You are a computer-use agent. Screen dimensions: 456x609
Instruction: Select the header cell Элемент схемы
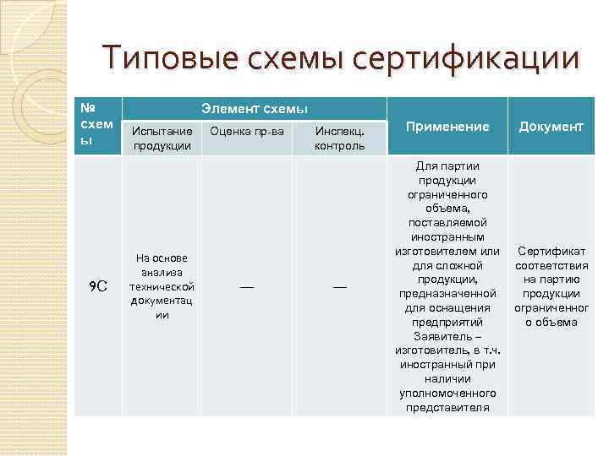254,109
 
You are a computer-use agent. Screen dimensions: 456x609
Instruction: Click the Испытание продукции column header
162,138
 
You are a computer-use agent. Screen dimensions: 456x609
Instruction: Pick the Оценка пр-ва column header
246,130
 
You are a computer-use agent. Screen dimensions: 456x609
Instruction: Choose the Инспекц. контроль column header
339,138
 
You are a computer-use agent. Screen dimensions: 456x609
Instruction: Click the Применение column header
447,126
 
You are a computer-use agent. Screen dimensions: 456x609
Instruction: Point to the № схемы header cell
96,124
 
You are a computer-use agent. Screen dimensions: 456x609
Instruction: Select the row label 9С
97,286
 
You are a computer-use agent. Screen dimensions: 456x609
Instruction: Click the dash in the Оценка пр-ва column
246,287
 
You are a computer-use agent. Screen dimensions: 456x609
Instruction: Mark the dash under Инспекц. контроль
339,287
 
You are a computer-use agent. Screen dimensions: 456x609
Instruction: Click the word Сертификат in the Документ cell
551,252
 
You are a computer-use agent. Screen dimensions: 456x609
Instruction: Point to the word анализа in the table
162,272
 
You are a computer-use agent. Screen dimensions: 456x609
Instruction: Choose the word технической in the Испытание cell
162,286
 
